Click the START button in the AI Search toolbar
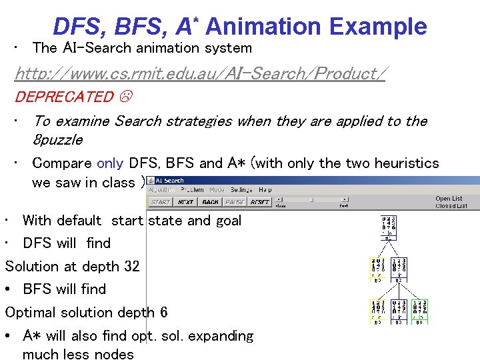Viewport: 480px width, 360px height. coord(160,202)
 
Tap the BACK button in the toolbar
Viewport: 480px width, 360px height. coord(210,202)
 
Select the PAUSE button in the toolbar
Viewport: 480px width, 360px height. coord(235,202)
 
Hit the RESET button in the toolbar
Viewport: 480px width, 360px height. coord(260,202)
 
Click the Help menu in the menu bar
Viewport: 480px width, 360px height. coord(265,189)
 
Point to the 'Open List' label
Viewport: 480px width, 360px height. coord(448,199)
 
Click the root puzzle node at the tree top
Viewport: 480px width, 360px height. coord(389,227)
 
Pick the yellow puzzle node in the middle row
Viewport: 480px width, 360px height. coord(377,269)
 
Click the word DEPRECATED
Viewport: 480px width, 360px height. coord(64,97)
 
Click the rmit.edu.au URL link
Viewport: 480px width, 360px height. coord(199,73)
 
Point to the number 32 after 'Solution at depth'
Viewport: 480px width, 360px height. coord(131,267)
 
